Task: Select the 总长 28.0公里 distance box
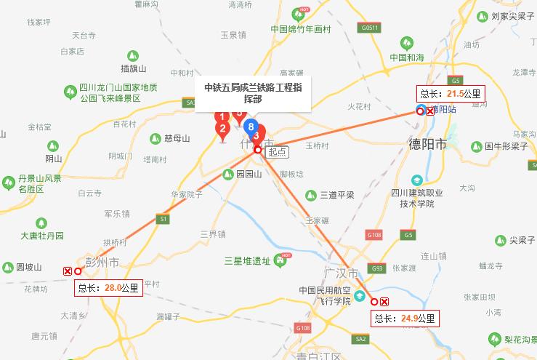point(108,287)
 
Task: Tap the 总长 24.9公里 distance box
point(405,318)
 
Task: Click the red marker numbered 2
point(222,130)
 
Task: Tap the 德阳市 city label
point(427,143)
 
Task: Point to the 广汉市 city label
point(342,273)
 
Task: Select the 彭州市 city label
point(102,260)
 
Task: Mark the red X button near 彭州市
point(68,271)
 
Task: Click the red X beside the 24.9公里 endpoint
point(384,302)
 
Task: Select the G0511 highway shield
point(369,28)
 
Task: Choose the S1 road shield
point(163,218)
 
